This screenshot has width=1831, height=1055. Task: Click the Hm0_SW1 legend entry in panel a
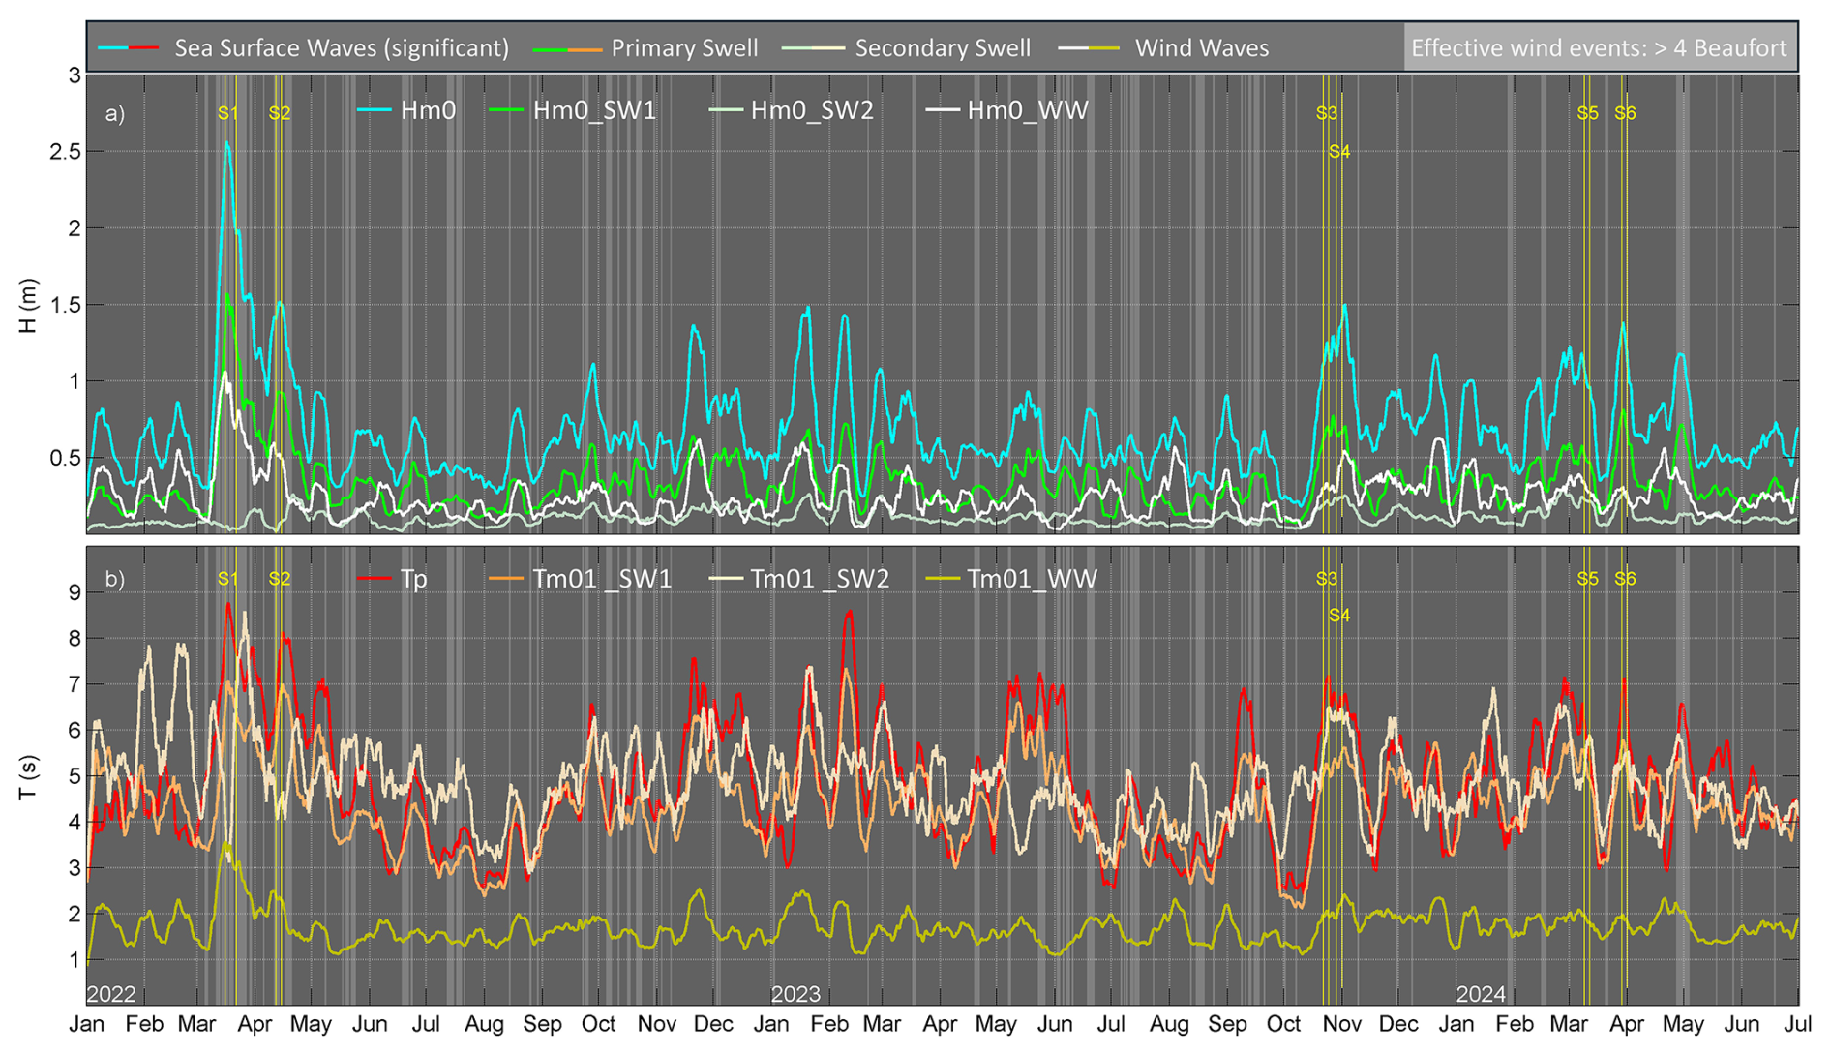click(x=593, y=110)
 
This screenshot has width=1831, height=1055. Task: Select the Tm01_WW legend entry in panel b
click(x=1032, y=579)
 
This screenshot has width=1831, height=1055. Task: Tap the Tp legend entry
click(x=413, y=579)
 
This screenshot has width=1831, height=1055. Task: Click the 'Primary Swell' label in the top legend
click(x=684, y=47)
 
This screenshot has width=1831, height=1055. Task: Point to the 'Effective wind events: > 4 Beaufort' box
click(x=1599, y=47)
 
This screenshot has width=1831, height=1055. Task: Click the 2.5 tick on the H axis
click(x=65, y=152)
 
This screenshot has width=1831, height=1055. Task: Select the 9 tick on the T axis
click(x=73, y=592)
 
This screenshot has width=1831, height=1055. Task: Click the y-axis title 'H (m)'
click(x=28, y=306)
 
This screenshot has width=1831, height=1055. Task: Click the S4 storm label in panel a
click(x=1338, y=152)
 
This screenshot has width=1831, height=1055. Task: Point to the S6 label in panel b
click(x=1625, y=579)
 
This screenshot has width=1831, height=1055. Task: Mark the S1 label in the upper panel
click(x=227, y=113)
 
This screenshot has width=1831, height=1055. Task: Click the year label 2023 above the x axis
click(x=795, y=994)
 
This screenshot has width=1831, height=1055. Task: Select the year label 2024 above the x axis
click(x=1481, y=994)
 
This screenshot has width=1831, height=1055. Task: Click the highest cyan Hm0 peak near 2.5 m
click(x=227, y=144)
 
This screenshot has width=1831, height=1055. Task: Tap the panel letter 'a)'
click(x=115, y=113)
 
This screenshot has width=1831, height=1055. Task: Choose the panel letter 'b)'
click(x=115, y=579)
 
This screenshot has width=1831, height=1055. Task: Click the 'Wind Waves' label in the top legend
click(x=1201, y=47)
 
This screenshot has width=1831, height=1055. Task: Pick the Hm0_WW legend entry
click(x=1027, y=110)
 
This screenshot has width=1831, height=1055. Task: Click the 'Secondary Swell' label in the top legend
click(x=942, y=47)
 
